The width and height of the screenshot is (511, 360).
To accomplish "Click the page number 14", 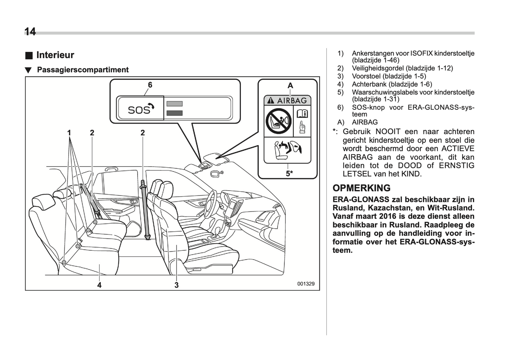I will pos(30,32).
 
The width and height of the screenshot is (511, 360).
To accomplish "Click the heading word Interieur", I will pos(55,55).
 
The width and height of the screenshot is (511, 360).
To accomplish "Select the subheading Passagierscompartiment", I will pos(83,70).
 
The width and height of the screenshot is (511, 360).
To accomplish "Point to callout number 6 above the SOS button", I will pos(150,85).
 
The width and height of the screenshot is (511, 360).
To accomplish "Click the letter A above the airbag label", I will pos(290,86).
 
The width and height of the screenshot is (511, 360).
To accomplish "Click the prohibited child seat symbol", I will pos(278,121).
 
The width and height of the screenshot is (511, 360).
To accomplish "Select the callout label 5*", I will pos(289,174).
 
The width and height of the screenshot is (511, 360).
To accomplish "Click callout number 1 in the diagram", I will pos(69,133).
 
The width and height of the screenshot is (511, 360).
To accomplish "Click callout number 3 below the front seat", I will pos(176,285).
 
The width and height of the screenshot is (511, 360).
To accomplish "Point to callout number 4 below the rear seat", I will pos(99,285).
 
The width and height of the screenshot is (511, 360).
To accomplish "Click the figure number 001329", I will pos(306,284).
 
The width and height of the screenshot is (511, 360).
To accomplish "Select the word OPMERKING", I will pos(361,188).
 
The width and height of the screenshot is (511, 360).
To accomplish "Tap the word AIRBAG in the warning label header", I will pos(292,101).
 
